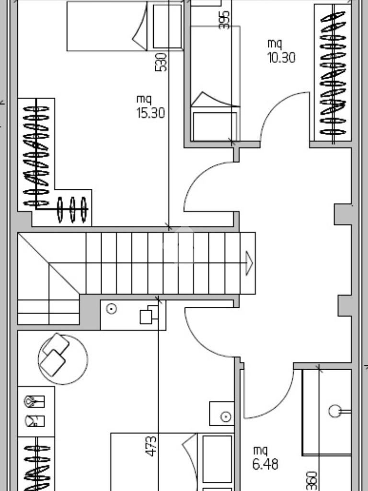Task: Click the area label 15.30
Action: (150, 113)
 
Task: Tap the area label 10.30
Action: (281, 58)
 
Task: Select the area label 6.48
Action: (265, 464)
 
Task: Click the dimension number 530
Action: (161, 62)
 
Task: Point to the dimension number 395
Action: (224, 20)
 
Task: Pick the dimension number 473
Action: (151, 446)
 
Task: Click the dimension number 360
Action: (311, 480)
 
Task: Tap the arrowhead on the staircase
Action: (249, 263)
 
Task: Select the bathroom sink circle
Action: (335, 411)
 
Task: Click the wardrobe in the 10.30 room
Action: (333, 73)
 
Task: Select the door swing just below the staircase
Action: (200, 341)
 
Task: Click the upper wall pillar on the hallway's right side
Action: (343, 214)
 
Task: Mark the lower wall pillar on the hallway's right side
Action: (345, 305)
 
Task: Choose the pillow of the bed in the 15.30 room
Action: (167, 26)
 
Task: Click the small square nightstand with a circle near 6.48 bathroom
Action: (222, 413)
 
